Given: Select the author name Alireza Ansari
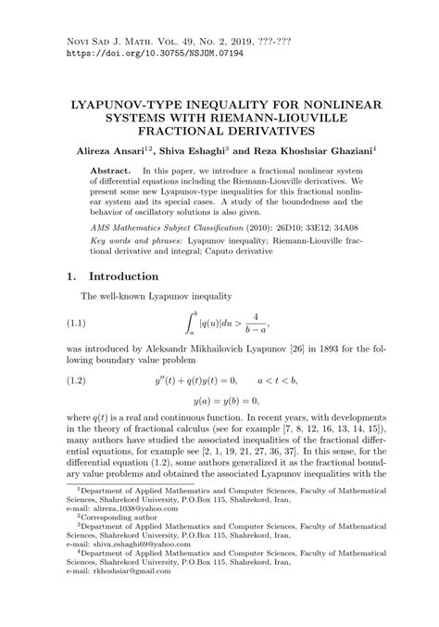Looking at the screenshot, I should (115, 148).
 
